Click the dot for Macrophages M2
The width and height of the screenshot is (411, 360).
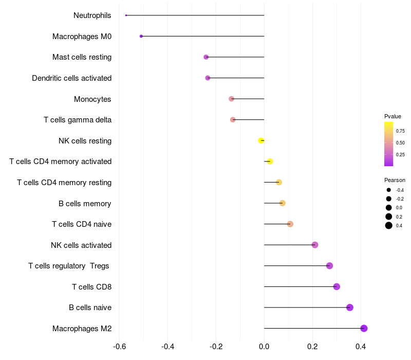coord(364,328)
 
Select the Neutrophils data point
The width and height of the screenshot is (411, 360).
coord(126,15)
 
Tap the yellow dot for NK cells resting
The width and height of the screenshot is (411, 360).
coord(261,140)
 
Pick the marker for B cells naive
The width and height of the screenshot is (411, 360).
coord(350,308)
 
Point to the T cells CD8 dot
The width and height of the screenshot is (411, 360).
coord(337,286)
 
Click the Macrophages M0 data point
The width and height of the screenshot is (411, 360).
coord(141,36)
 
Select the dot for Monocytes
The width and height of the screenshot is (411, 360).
coord(231,99)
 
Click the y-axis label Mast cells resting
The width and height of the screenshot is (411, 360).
coord(82,57)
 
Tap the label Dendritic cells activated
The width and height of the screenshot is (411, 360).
coord(71,78)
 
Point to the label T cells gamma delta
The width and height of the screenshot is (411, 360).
coord(78,120)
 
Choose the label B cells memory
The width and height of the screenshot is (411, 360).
coord(85,204)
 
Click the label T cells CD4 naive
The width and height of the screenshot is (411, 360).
coord(82,224)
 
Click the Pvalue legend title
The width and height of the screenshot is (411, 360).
coord(393,116)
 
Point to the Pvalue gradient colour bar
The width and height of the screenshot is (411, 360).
coord(389,144)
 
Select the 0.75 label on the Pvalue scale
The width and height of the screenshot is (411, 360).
coord(400,131)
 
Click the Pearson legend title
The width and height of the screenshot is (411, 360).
coord(395,181)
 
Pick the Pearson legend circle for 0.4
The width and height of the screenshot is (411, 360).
coord(389,225)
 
